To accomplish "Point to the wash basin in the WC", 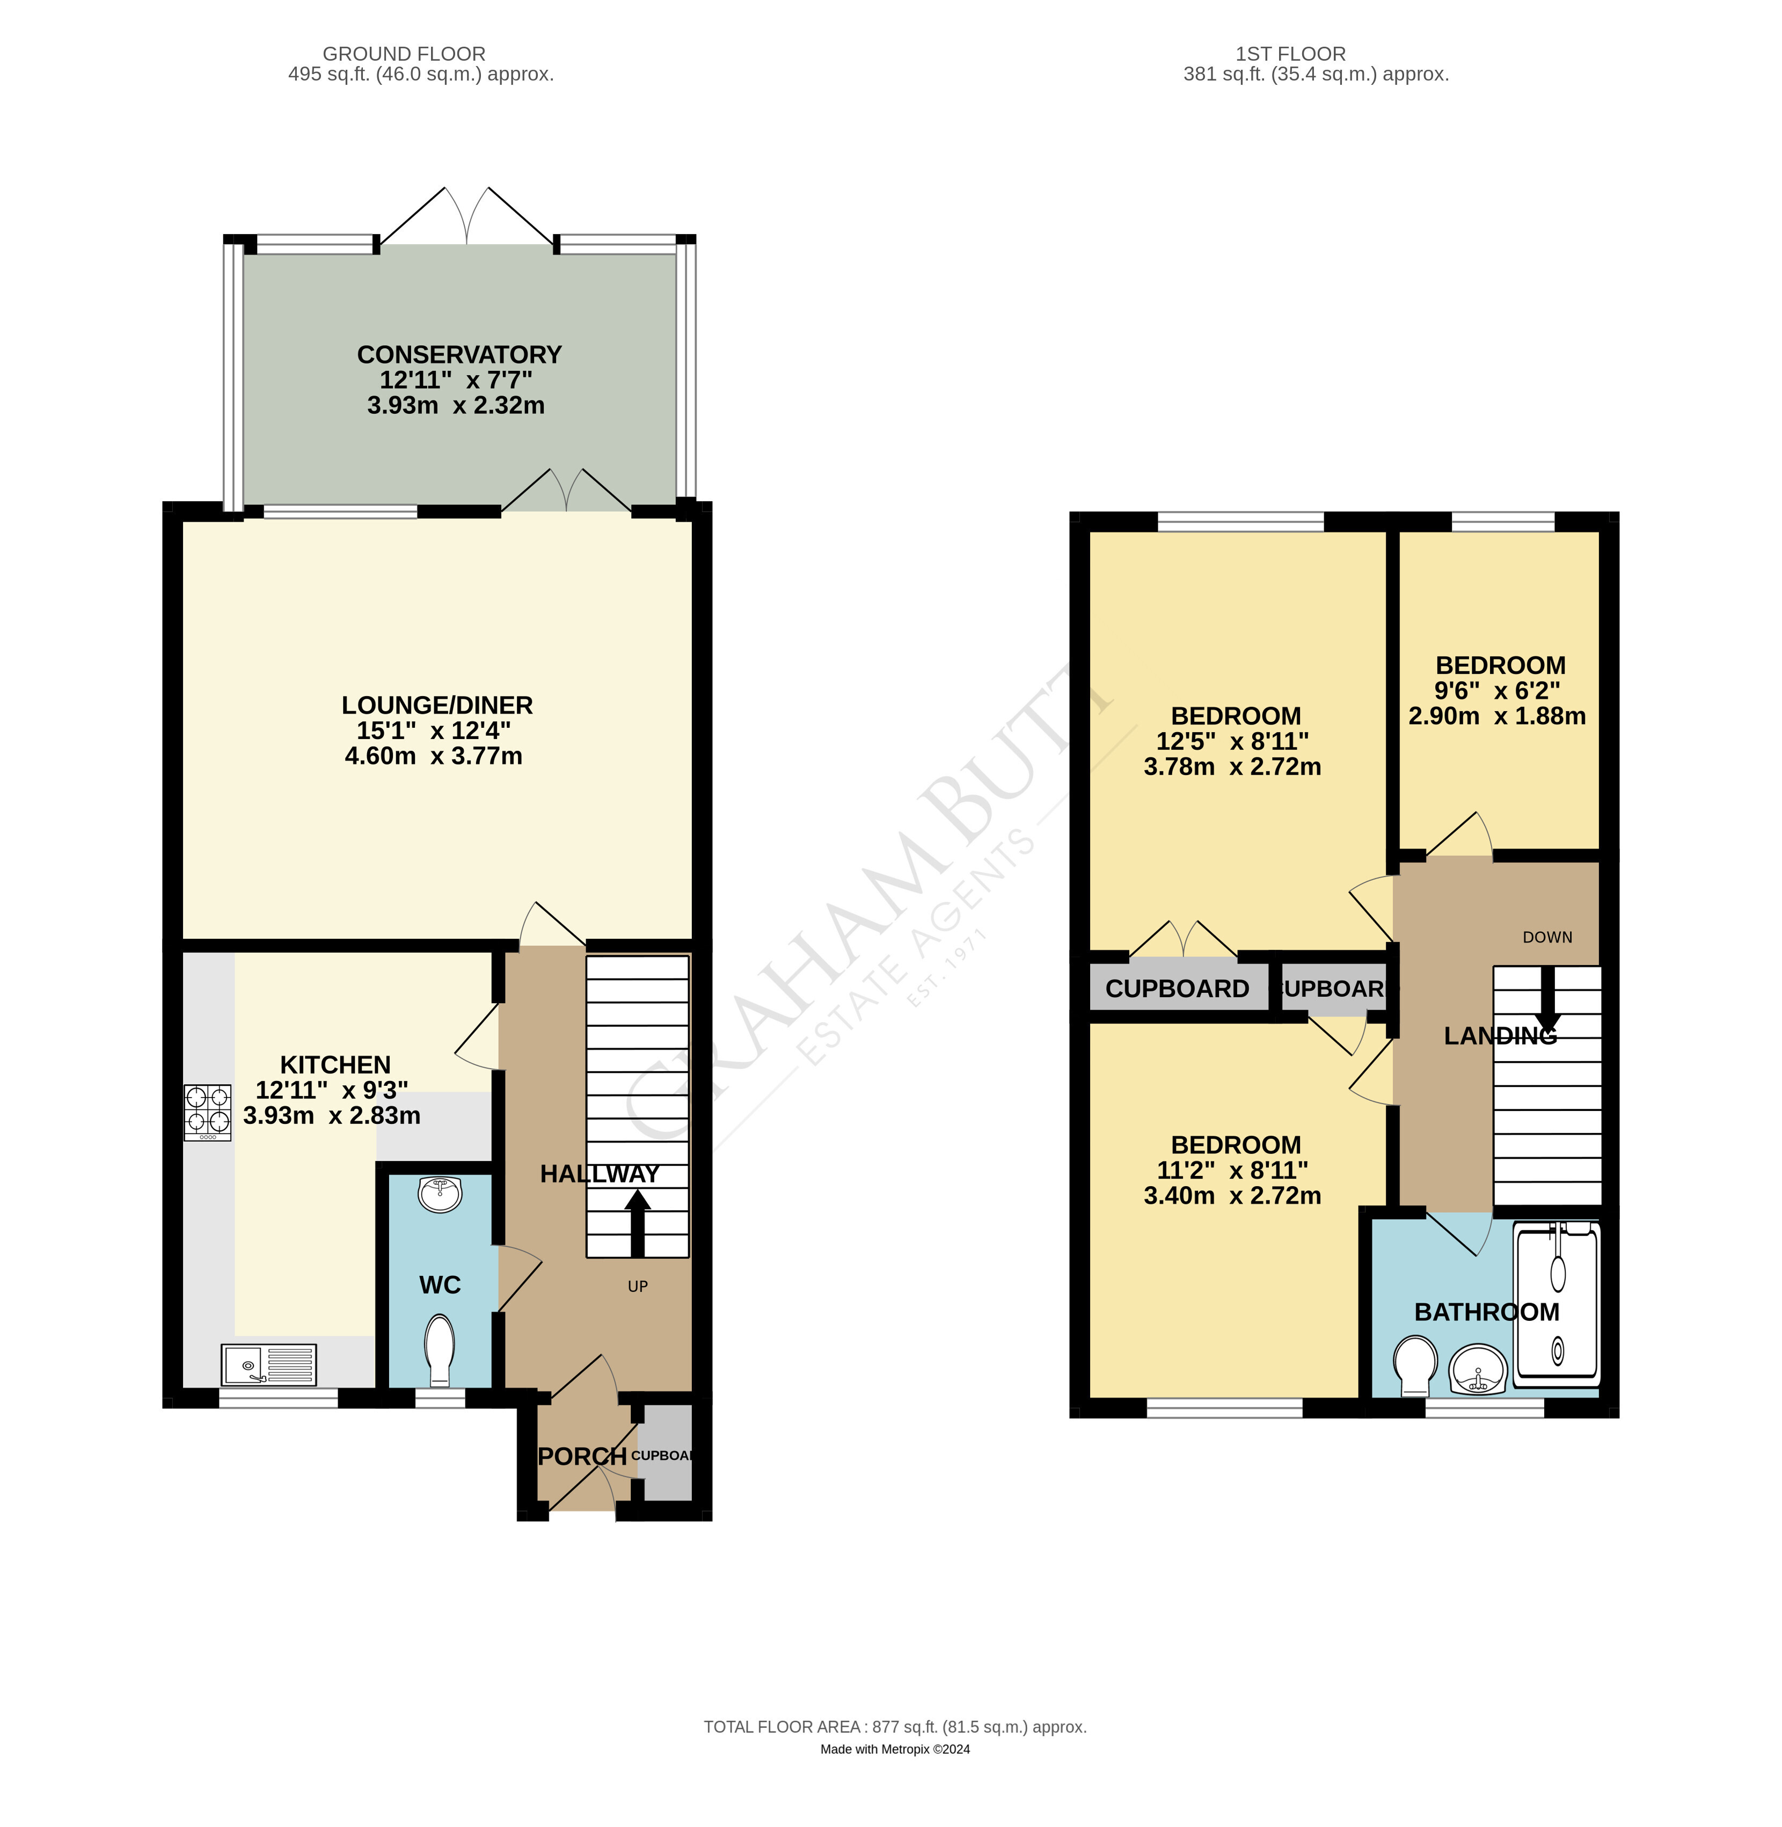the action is [x=440, y=1194].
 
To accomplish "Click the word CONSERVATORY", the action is [x=459, y=355].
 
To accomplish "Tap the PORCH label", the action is [x=582, y=1456].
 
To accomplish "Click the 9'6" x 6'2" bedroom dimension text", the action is [x=1498, y=691].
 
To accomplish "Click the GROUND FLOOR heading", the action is [x=404, y=54].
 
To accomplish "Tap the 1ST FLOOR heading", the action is [x=1291, y=54].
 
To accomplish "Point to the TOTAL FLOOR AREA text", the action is [x=895, y=1727].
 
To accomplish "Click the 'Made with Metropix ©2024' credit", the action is [x=895, y=1749].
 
